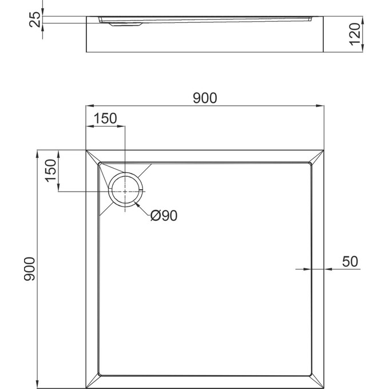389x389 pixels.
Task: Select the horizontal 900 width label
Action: pyautogui.click(x=204, y=98)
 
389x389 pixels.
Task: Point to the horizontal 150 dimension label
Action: pyautogui.click(x=105, y=118)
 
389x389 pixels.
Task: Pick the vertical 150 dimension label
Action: pyautogui.click(x=50, y=170)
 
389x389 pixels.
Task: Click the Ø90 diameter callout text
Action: pyautogui.click(x=164, y=216)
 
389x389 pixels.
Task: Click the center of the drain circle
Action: pyautogui.click(x=124, y=190)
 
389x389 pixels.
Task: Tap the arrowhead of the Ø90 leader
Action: pyautogui.click(x=136, y=203)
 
